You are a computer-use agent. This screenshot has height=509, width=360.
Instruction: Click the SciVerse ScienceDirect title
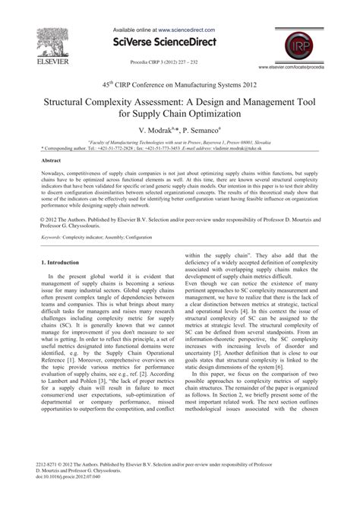coord(179,40)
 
